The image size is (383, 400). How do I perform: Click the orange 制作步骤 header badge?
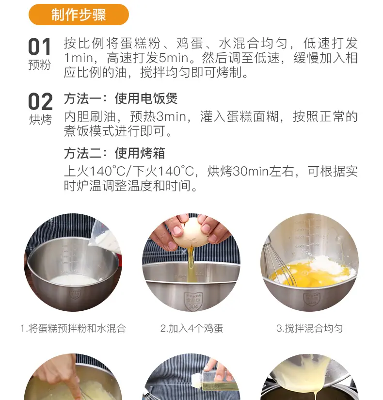point(79,15)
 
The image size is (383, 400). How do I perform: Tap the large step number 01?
point(40,47)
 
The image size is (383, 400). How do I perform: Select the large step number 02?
point(40,101)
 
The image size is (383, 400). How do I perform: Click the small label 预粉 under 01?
point(40,65)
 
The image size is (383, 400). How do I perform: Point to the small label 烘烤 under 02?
point(40,119)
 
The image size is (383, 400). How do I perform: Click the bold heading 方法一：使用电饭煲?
point(121,98)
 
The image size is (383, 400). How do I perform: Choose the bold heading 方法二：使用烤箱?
point(114,153)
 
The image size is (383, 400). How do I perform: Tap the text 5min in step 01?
point(174,58)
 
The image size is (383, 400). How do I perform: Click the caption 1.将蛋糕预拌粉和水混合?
point(73,328)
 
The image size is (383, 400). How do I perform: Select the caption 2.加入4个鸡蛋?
point(191,328)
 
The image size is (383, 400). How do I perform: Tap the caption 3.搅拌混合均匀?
point(309,328)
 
